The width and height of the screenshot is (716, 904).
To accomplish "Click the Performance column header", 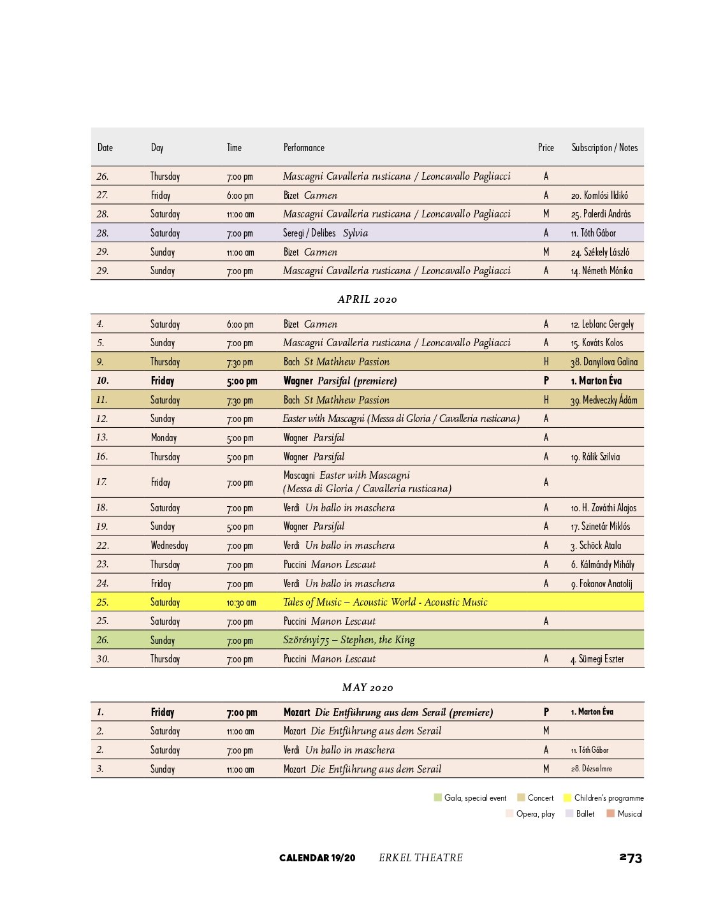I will point(303,147).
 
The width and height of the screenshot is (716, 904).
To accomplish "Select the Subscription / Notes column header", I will point(604,147).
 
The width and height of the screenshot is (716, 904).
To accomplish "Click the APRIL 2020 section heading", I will point(367,299).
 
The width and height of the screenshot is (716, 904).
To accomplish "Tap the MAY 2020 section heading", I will point(367,687).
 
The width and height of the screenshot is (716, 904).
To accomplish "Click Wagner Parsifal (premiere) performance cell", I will point(340,381).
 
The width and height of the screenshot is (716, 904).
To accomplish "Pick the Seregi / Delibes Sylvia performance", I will point(325,233).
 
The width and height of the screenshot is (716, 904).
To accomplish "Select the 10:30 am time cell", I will point(241,602).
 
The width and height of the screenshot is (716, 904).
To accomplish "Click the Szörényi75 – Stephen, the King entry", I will point(349,639).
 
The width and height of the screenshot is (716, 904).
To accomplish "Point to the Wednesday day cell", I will point(169,545).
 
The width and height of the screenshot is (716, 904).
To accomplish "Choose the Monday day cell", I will point(163,437).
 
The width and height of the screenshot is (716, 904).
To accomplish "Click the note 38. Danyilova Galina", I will point(604,361).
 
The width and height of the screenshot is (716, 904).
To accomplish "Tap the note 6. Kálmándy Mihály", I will point(603,564).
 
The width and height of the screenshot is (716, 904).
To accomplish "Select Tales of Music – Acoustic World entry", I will point(385,602).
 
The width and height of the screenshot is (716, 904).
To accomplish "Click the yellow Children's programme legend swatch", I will point(567,798).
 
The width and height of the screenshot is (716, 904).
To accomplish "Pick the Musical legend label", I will point(630,813).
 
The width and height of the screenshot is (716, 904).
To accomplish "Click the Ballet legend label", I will point(585,813).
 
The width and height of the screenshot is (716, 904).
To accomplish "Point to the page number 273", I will point(631,857).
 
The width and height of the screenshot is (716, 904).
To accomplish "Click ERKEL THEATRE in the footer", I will point(421,857).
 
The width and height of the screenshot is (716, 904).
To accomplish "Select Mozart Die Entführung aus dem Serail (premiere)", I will point(388,712).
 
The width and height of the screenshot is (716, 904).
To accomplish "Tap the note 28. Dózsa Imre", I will point(591,769).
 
